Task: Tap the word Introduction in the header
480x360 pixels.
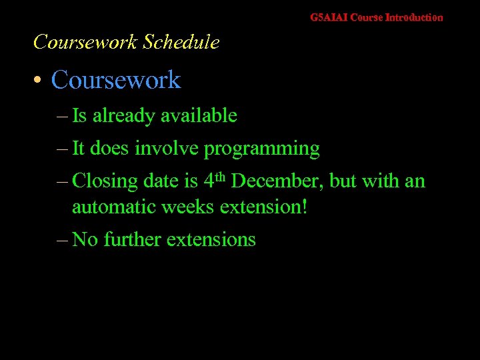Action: tap(414, 17)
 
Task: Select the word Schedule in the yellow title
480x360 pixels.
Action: tap(181, 42)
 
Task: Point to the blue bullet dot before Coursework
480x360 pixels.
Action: tap(39, 81)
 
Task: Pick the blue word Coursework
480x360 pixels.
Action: tap(116, 80)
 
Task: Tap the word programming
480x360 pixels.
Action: tap(261, 149)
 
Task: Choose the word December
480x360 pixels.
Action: tap(278, 181)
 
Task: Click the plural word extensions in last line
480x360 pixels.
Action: tap(211, 239)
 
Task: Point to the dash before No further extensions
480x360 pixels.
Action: tap(61, 239)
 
